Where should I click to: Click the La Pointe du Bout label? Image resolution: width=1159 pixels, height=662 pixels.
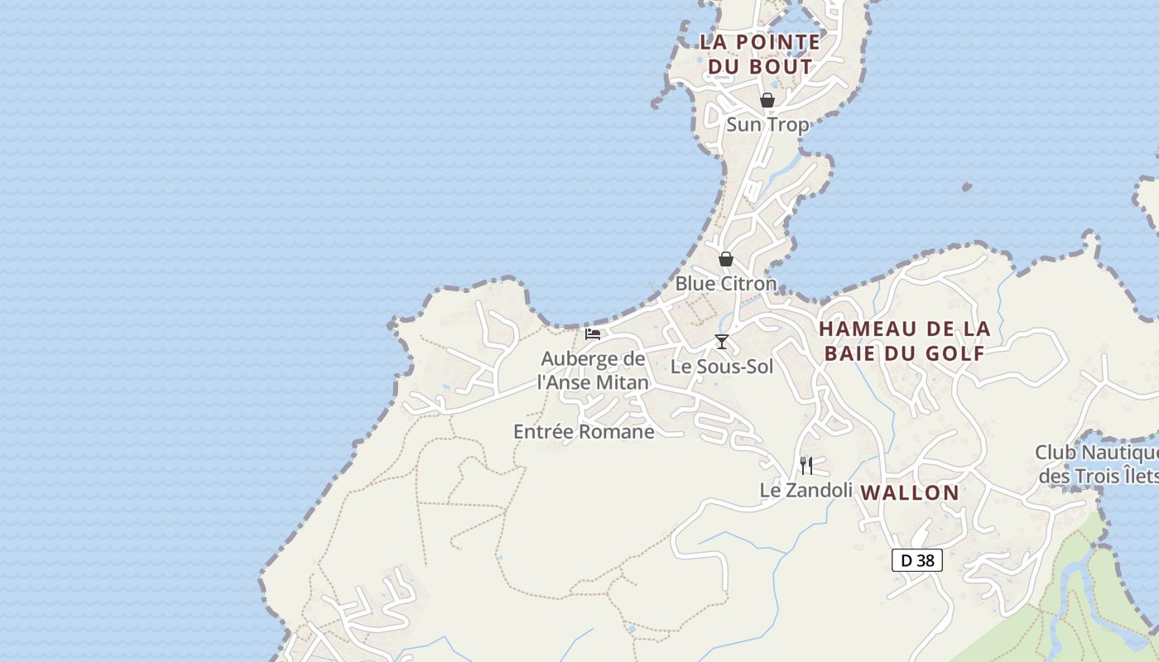click(x=760, y=54)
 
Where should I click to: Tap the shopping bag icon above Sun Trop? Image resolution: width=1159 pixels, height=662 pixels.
click(x=767, y=100)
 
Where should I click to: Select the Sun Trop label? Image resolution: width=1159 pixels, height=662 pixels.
click(x=767, y=125)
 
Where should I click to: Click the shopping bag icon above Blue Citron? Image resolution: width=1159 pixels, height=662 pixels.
click(x=726, y=259)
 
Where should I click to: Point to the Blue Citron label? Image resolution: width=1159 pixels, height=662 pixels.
click(x=726, y=284)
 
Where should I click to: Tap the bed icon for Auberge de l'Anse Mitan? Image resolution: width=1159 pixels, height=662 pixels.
click(x=593, y=334)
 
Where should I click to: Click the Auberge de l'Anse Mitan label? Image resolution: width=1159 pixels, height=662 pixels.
click(x=593, y=371)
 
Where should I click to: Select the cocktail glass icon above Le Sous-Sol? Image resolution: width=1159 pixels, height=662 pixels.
click(x=722, y=342)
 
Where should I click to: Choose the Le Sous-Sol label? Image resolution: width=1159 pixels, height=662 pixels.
click(x=722, y=367)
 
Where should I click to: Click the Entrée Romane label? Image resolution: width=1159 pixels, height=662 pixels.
click(x=584, y=432)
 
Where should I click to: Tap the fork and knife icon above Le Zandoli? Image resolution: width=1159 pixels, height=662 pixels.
click(x=806, y=465)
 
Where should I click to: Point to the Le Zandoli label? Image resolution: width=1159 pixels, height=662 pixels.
click(x=806, y=491)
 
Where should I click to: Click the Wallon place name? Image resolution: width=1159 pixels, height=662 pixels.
click(x=910, y=493)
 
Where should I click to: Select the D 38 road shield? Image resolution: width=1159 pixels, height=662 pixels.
click(x=917, y=560)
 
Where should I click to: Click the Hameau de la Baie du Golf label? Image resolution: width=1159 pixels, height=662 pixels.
click(x=904, y=341)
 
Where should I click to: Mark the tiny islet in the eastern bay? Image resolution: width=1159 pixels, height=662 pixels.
click(x=967, y=188)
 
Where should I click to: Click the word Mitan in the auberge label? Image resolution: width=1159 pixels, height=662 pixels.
click(x=621, y=382)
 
